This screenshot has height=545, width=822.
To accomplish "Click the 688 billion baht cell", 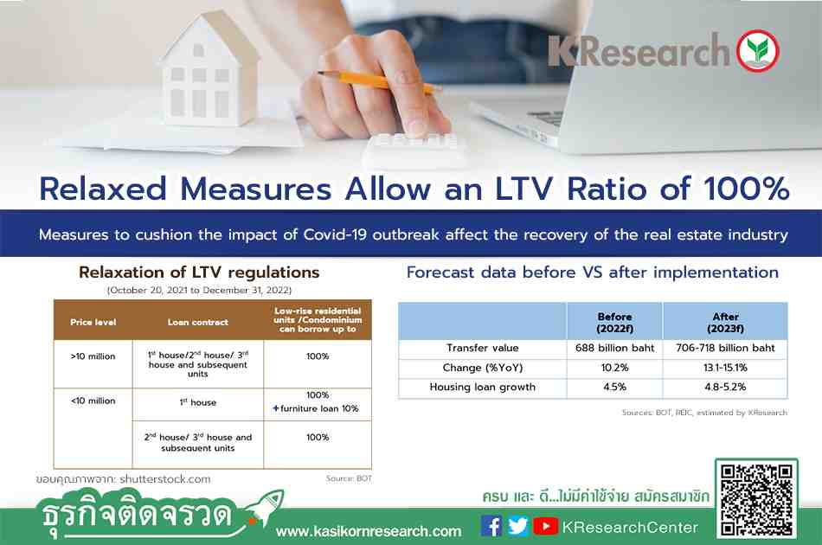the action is pos(614,348).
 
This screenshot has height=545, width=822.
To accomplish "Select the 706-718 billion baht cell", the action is pos(725,348).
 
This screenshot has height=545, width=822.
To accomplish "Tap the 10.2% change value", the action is pos(614,368).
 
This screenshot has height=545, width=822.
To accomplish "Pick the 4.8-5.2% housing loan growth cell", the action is pos(725,387).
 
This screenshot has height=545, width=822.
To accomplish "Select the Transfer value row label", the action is pos(482,348).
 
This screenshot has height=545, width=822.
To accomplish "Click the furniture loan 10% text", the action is pos(316,408).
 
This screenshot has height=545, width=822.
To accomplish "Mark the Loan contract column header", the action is pos(197,323).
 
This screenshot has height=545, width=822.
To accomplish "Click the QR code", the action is pos(756,500).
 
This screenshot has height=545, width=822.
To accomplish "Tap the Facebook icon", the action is pos(491,526).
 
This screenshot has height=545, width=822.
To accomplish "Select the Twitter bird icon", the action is pos(518,526).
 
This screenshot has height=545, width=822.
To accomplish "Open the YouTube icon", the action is pos(545,526).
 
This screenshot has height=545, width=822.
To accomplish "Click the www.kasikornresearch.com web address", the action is pos(369,531).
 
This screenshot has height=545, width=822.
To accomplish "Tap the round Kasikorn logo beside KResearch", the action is pos(757,51).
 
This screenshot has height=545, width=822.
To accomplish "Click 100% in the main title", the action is pos(746,188).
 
